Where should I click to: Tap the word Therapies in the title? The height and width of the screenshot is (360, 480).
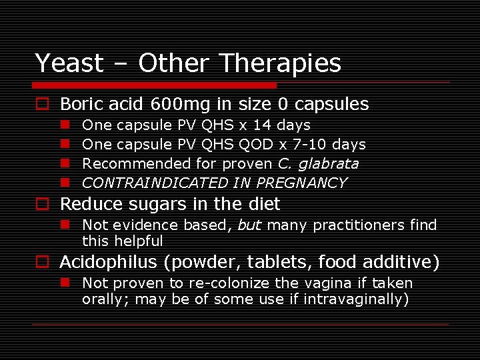click(280, 63)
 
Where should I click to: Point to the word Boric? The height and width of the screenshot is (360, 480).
click(79, 104)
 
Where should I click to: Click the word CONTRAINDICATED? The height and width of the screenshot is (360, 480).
click(155, 183)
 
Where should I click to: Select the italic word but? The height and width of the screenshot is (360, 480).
click(249, 225)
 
